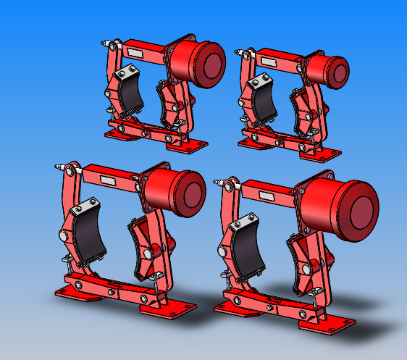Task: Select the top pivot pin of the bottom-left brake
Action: coord(70,170)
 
